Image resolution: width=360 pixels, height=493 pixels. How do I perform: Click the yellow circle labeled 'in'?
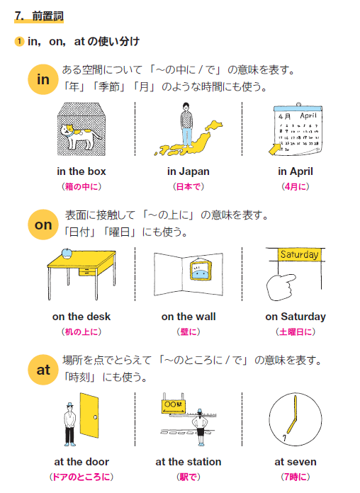(43, 79)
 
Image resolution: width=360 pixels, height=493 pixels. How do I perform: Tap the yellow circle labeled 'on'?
(43, 225)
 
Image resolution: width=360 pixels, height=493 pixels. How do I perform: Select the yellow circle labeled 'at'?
(43, 369)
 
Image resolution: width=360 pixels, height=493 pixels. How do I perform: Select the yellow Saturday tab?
(299, 254)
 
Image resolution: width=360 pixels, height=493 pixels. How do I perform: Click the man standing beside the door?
(69, 423)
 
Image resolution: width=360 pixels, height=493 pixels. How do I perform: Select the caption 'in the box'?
(81, 171)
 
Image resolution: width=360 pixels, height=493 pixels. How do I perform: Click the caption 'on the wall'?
(189, 317)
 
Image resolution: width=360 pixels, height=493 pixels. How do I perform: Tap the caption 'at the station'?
(189, 462)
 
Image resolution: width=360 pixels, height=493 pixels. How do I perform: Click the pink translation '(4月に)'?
(296, 187)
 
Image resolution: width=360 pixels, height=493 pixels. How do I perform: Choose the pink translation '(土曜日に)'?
(296, 332)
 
